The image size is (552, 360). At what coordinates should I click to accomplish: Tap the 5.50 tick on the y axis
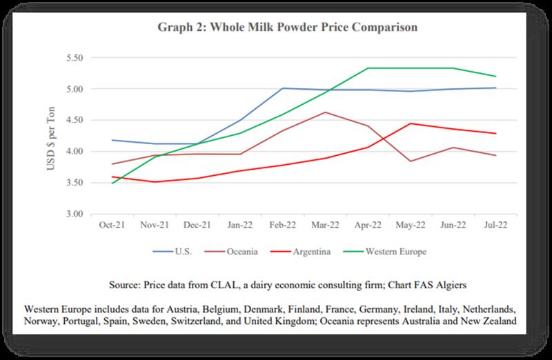[x=72, y=57]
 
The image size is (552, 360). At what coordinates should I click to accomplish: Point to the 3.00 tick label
[x=72, y=214]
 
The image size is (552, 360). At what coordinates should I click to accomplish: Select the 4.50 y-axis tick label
[x=72, y=120]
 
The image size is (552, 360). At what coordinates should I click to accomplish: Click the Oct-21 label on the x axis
[x=110, y=226]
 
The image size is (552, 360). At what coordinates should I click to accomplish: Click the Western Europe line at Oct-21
[x=111, y=183]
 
